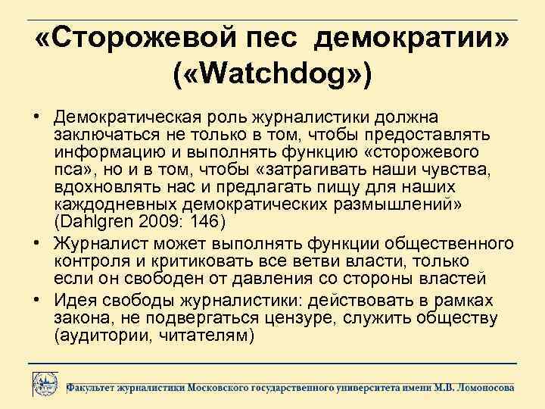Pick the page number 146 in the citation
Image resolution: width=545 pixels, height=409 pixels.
pyautogui.click(x=204, y=223)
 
